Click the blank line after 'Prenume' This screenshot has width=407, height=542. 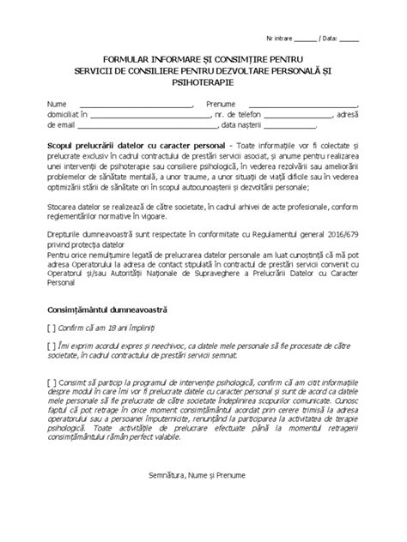[x=297, y=103]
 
